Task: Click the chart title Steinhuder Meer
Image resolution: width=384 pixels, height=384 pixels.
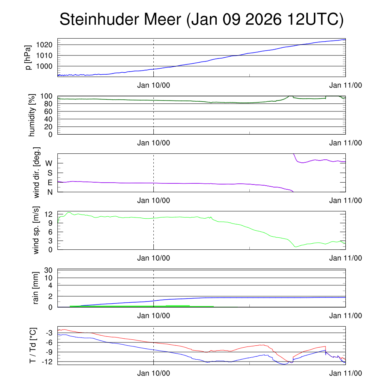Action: pos(201,20)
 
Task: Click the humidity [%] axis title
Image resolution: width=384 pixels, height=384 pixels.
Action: pos(32,115)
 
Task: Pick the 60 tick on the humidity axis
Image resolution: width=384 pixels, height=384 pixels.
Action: pos(49,111)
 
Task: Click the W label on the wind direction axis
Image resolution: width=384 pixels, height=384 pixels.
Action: pos(49,163)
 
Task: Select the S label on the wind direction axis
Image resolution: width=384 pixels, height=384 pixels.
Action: pos(49,173)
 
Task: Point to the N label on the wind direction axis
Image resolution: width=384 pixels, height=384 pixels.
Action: pos(49,192)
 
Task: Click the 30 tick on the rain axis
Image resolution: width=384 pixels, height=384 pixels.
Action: pos(49,270)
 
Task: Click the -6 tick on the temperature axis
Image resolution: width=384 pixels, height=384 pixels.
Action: pos(49,342)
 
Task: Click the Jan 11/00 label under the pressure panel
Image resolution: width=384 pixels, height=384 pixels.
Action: pos(345,85)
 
